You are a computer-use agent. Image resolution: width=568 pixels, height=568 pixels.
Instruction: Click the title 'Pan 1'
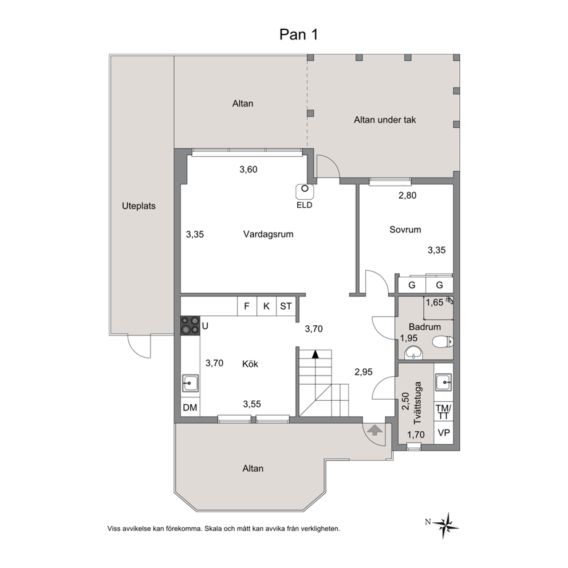pos(298,34)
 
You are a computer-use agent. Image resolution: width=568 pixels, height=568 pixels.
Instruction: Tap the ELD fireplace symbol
pos(305,191)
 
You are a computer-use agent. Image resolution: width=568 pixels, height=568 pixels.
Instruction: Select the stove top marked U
pos(190,325)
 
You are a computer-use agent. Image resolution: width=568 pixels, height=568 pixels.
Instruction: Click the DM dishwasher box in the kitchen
pos(190,408)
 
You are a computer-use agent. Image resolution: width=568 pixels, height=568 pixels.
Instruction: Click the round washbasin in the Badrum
pos(413,353)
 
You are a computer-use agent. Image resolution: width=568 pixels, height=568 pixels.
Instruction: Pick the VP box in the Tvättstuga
pos(444,432)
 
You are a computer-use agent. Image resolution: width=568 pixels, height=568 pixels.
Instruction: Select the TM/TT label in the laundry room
pos(443,412)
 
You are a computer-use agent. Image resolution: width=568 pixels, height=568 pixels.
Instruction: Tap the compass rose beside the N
pos(446,525)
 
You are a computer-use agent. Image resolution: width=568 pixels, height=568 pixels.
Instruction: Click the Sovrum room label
pos(405,229)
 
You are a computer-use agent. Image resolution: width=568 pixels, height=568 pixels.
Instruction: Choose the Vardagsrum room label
pos(268,234)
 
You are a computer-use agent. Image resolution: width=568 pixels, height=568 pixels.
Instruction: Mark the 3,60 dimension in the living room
pos(249,169)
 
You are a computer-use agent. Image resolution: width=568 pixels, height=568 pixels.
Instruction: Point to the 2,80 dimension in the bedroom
pos(407,195)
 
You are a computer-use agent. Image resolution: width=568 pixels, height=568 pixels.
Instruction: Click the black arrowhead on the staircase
pos(315,354)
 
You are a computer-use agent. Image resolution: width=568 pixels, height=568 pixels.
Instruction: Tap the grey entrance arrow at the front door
pos(374,431)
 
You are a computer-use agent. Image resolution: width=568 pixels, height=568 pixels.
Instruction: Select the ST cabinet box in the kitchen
pos(286,306)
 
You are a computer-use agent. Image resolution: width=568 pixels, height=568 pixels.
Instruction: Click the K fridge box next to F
pos(267,306)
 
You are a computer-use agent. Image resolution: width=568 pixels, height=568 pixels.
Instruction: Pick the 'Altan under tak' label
pos(385,120)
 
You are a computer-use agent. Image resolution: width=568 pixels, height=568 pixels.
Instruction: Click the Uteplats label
pos(139,206)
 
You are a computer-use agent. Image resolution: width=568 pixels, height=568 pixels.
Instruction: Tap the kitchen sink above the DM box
pos(190,383)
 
